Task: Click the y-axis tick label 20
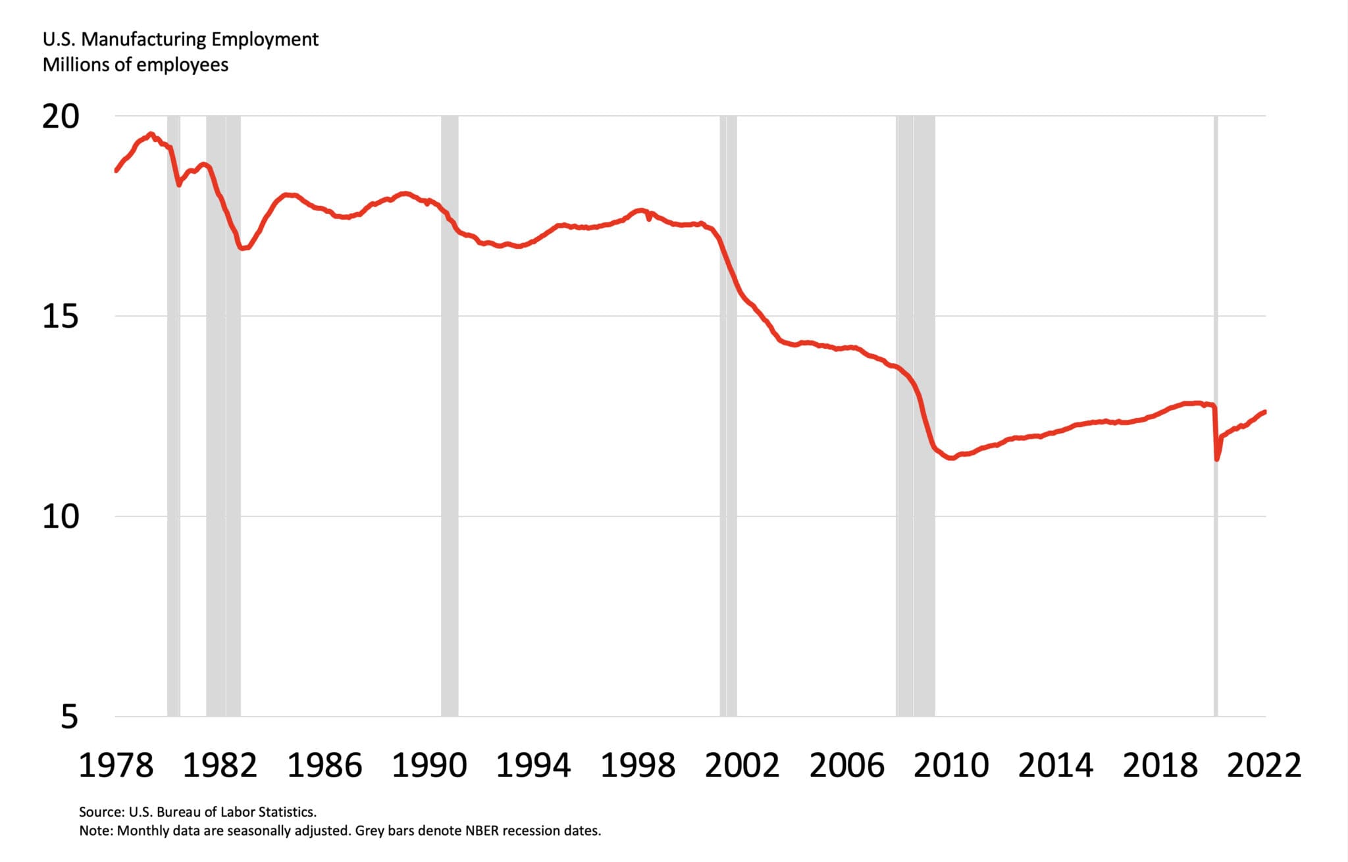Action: click(61, 116)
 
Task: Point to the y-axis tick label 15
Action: click(61, 317)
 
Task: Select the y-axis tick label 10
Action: click(61, 517)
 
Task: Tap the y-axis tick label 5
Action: click(69, 717)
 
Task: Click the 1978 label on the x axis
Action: click(116, 765)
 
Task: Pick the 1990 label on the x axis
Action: click(429, 765)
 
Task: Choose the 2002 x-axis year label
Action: click(742, 765)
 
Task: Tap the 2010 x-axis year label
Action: click(951, 765)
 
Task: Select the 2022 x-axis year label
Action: click(1264, 765)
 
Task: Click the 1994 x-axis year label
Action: click(533, 765)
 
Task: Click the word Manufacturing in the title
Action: click(144, 39)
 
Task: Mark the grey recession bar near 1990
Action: click(450, 415)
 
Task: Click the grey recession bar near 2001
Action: click(728, 415)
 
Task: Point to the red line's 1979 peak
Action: click(151, 134)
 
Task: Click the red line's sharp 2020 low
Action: click(1217, 459)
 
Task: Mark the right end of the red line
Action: click(1264, 412)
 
